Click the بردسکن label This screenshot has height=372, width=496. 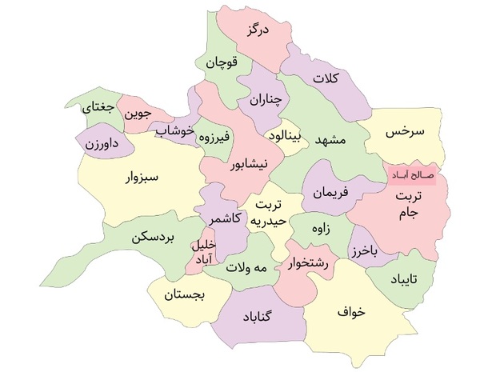click(x=145, y=238)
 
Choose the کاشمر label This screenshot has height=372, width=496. click(x=225, y=217)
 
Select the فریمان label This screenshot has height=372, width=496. click(x=332, y=193)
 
